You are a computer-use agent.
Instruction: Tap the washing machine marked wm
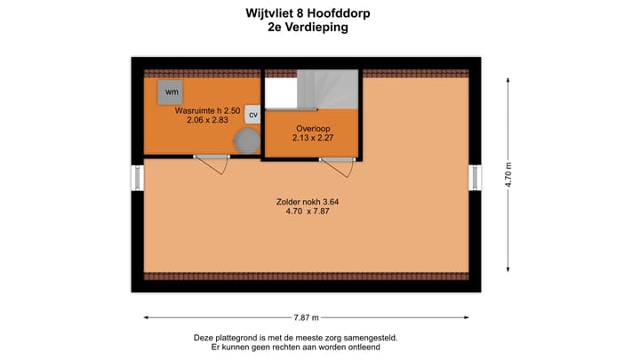point(171,91)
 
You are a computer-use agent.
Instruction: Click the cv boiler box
point(252,115)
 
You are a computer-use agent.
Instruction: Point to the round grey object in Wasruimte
point(245,140)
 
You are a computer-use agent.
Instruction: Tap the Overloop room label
point(312,127)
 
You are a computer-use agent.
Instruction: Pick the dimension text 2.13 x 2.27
point(312,138)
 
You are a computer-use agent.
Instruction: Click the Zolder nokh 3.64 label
point(308,202)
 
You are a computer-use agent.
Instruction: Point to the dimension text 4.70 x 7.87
point(308,212)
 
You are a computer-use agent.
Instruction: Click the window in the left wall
point(138,177)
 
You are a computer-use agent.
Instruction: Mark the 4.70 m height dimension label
point(509,174)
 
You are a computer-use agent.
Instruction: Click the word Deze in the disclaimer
point(204,338)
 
